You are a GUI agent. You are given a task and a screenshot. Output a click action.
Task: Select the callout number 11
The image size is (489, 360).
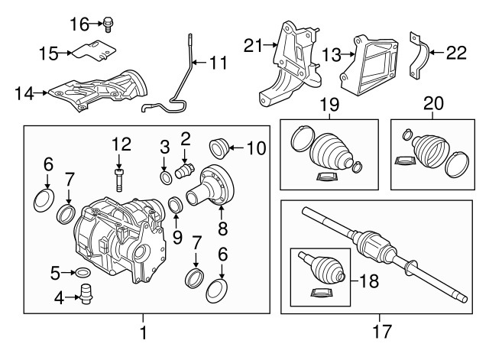click(219, 62)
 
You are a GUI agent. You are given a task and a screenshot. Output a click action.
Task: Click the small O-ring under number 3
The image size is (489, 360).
click(165, 178)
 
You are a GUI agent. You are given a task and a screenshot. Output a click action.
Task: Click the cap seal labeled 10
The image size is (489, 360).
click(219, 146)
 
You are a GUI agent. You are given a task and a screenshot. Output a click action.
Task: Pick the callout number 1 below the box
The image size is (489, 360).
click(144, 332)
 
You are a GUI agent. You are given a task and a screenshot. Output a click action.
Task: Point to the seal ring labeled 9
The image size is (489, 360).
click(173, 205)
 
